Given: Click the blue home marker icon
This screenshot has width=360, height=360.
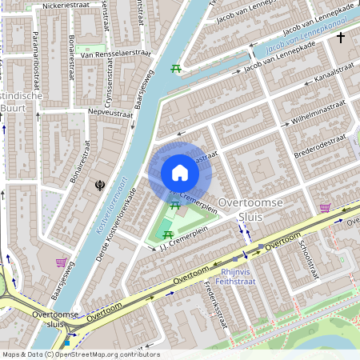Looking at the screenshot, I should click(x=180, y=173).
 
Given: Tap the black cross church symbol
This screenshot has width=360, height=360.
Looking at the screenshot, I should click(x=341, y=37).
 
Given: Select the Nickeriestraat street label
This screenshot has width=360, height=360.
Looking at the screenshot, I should click(x=68, y=4).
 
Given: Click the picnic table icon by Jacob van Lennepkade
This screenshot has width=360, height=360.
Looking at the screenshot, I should click(x=175, y=69).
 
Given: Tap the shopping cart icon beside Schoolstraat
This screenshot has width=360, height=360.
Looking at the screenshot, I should click(x=326, y=208).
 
